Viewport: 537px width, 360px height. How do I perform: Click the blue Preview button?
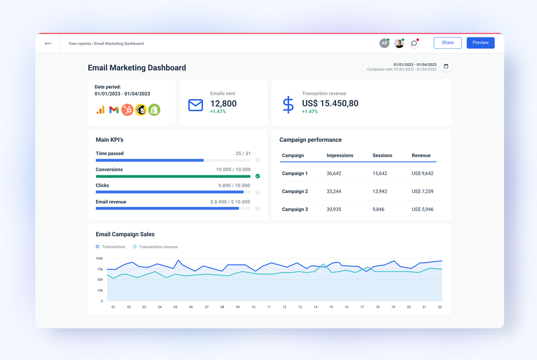[x=480, y=43]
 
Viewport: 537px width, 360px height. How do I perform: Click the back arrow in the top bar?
[x=48, y=43]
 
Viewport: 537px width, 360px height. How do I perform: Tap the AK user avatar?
[x=384, y=43]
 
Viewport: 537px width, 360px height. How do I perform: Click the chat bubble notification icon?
[x=414, y=43]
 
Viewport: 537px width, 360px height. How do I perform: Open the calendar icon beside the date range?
[x=446, y=67]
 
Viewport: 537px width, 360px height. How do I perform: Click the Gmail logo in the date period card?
[x=114, y=110]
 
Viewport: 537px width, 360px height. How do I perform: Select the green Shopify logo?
[x=154, y=110]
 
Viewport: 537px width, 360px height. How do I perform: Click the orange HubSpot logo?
[x=127, y=110]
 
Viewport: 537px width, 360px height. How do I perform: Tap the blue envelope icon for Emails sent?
[x=195, y=105]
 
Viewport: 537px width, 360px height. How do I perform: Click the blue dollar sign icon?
[x=288, y=104]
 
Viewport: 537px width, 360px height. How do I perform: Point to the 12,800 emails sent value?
[x=223, y=103]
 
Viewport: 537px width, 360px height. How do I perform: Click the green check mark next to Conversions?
[x=258, y=176]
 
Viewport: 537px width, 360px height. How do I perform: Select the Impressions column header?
[x=340, y=155]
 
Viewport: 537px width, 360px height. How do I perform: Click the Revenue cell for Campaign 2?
[x=422, y=192]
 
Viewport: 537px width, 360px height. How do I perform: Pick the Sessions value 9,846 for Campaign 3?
[x=378, y=210]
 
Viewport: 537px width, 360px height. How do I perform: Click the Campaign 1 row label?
[x=295, y=174]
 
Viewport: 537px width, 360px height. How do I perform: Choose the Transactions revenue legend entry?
[x=158, y=247]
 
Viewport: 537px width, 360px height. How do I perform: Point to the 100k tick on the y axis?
[x=99, y=259]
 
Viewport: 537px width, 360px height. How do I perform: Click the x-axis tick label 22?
[x=440, y=307]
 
